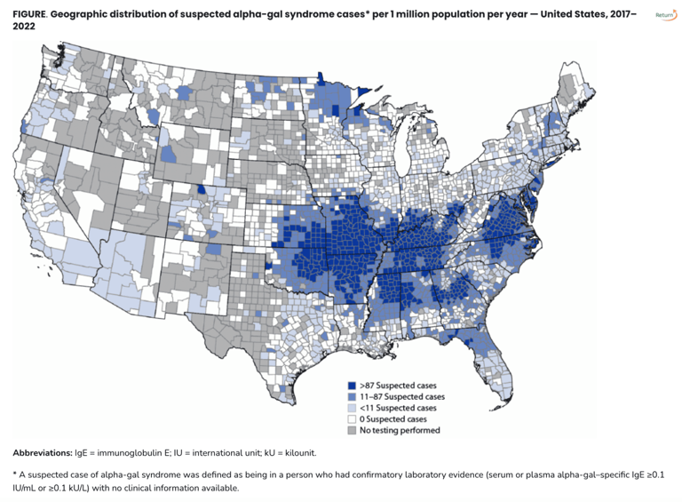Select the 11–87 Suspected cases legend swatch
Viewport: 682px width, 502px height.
click(x=352, y=397)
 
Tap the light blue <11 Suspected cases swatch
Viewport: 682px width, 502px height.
click(x=352, y=408)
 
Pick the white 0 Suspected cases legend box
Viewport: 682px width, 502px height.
click(x=352, y=418)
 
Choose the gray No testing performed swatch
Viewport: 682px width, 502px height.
click(x=352, y=429)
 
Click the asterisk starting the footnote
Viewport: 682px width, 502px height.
click(x=15, y=474)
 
